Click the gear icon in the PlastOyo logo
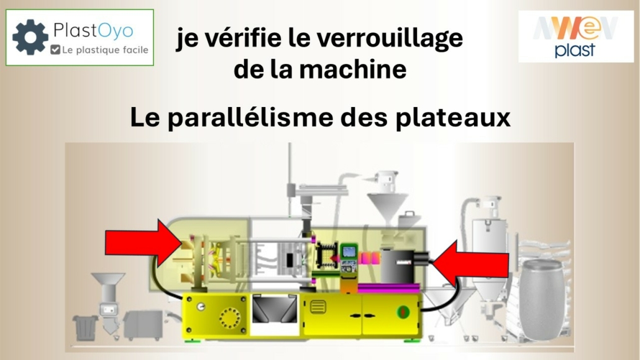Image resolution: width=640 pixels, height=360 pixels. [30, 37]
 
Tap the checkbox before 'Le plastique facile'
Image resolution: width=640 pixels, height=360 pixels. [55, 50]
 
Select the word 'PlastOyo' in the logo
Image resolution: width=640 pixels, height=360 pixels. [93, 30]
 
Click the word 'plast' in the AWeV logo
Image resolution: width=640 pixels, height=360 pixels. [575, 50]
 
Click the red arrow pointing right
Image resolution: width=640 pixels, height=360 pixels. [144, 242]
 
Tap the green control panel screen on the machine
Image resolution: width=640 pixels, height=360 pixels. [349, 252]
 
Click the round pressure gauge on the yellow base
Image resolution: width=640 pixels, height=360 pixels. [201, 307]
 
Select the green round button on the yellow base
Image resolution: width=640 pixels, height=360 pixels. [403, 312]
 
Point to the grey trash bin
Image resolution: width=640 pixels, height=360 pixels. [85, 327]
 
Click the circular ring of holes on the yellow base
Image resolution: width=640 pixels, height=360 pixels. [230, 318]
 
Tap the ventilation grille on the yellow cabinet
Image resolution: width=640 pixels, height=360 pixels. [318, 307]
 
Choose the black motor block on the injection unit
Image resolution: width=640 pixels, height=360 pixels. [397, 266]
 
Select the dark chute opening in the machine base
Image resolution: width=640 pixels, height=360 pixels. [275, 309]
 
